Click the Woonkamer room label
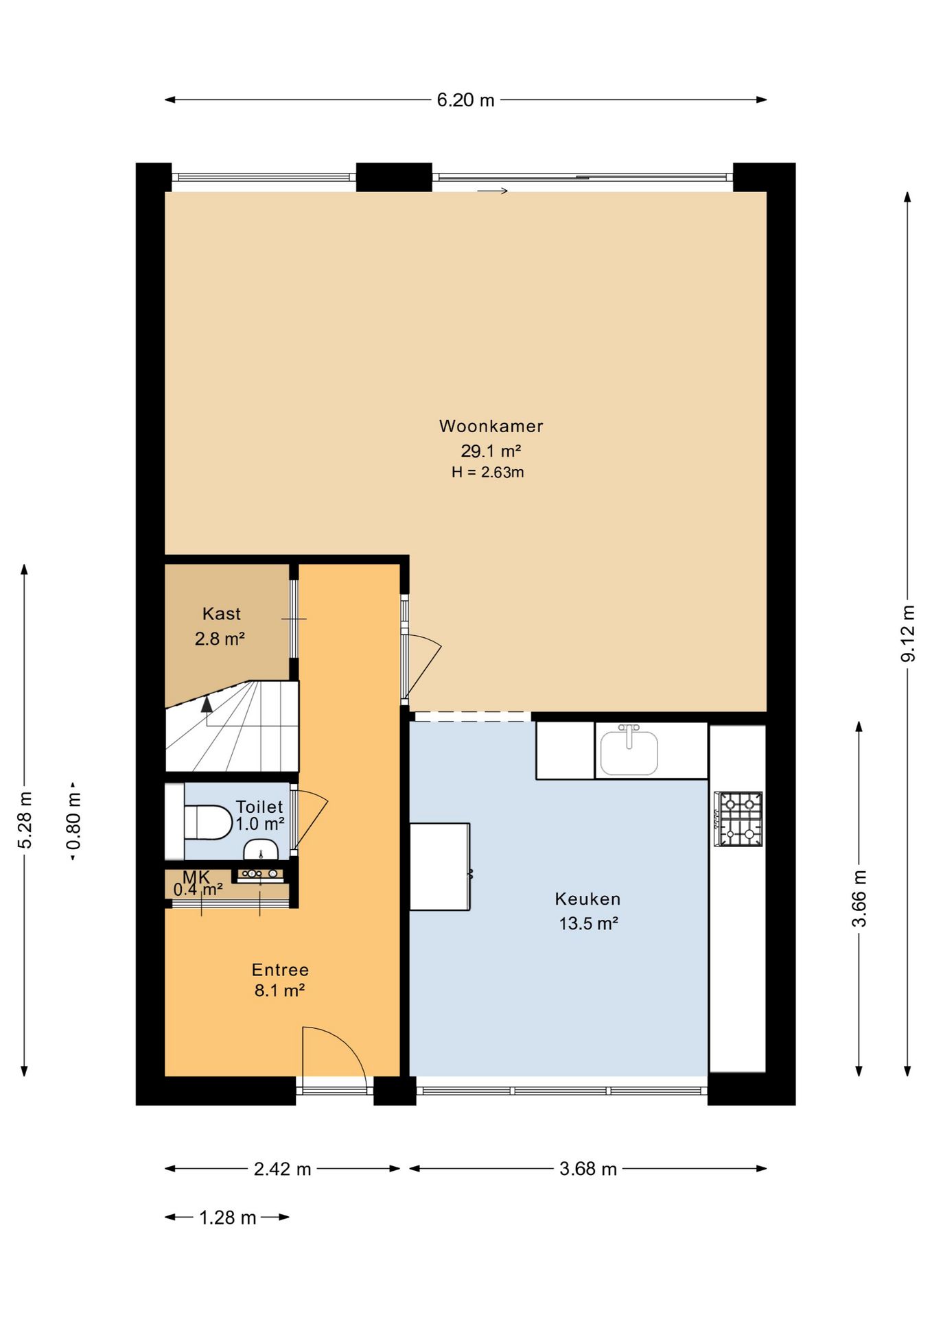click(x=491, y=426)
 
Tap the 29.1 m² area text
click(x=491, y=451)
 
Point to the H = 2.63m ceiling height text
click(x=488, y=472)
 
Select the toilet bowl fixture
click(x=208, y=822)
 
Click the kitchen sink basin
click(x=629, y=752)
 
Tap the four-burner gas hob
click(x=738, y=819)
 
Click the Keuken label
click(x=587, y=899)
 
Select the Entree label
click(x=280, y=970)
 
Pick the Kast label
click(x=221, y=614)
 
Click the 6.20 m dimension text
click(x=465, y=100)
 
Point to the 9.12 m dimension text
click(x=908, y=633)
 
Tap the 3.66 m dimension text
click(x=859, y=899)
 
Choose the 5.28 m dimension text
click(x=25, y=820)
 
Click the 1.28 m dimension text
click(x=227, y=1218)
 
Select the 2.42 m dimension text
click(x=282, y=1169)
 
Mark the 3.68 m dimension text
click(x=587, y=1169)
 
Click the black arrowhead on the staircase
click(x=207, y=702)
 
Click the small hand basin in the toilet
click(x=261, y=849)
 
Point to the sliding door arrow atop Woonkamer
click(x=493, y=191)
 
